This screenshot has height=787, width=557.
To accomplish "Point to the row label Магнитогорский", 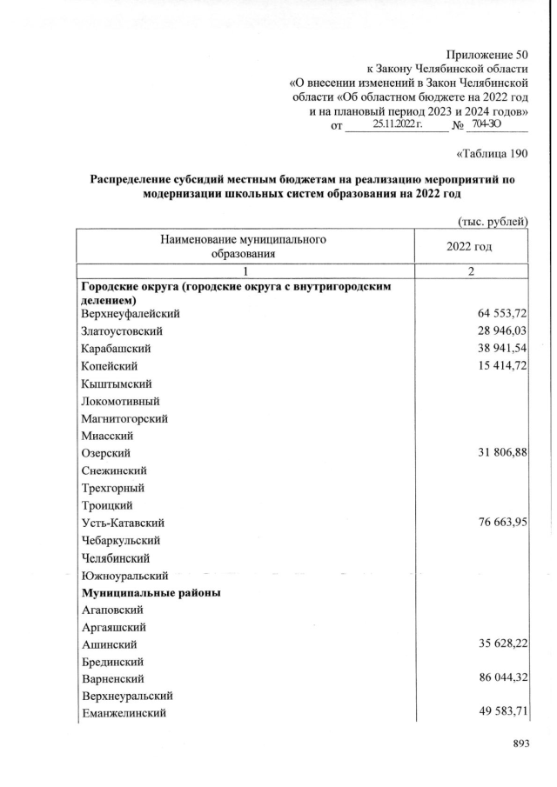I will click(x=124, y=418).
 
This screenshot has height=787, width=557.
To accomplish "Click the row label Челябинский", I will click(x=115, y=557).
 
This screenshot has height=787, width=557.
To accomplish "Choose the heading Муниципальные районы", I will click(x=151, y=592).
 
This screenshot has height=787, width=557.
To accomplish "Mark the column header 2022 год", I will click(x=469, y=246).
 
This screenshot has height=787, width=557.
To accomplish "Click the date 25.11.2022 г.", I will click(x=397, y=126).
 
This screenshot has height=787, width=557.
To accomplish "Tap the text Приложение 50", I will click(x=487, y=56).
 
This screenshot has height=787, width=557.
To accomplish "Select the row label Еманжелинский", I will click(x=124, y=713).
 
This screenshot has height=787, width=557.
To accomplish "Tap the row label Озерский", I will click(x=106, y=453).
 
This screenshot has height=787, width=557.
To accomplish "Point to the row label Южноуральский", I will click(x=124, y=575).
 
